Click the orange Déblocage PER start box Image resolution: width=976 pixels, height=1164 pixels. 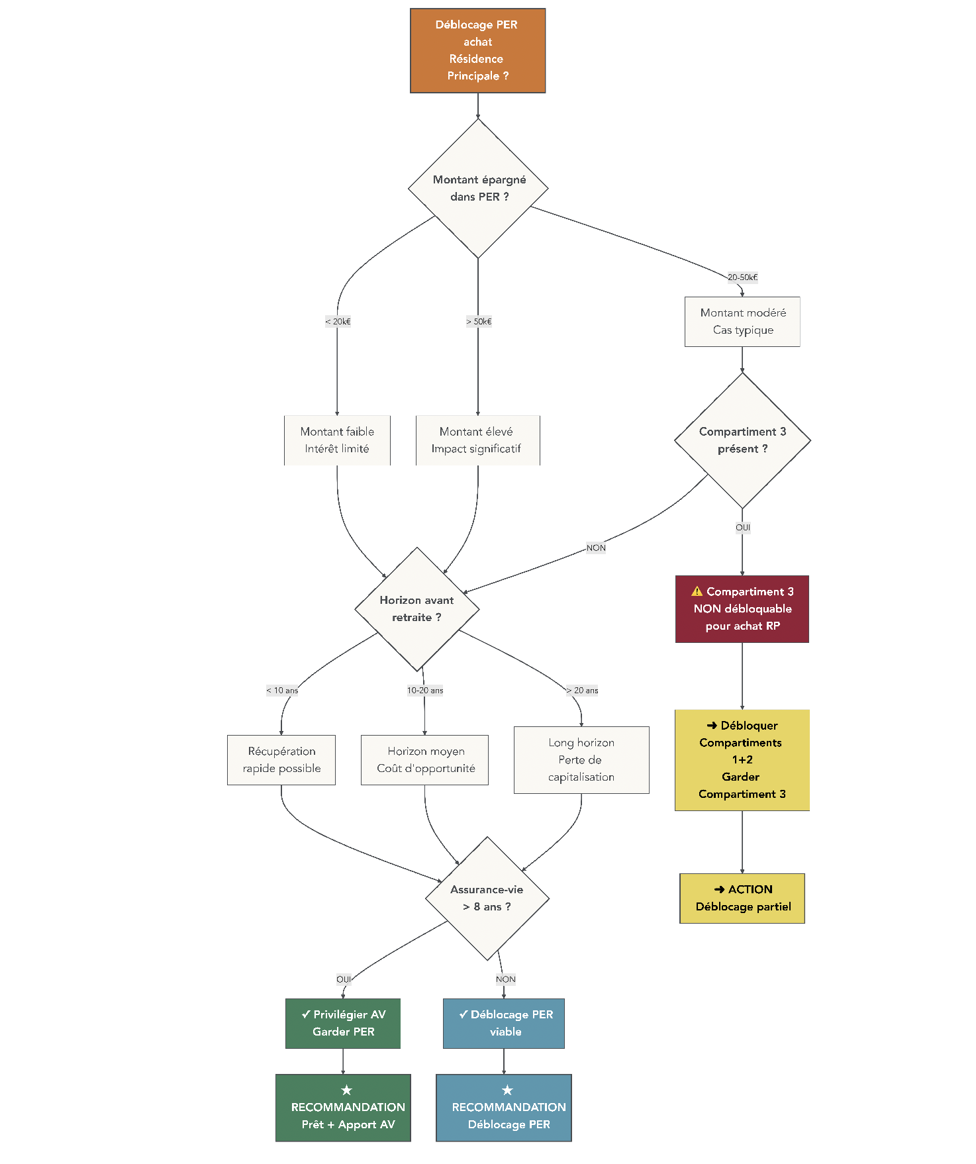[x=477, y=50]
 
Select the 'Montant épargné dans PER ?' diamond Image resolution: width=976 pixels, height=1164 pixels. [x=478, y=188]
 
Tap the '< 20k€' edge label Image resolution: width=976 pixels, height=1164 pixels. [x=338, y=322]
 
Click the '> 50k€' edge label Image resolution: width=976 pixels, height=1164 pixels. [x=479, y=322]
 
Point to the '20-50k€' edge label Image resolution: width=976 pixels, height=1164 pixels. [x=742, y=277]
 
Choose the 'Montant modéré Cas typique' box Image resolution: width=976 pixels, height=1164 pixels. [x=742, y=322]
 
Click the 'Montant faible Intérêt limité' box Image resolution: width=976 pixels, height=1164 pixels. [x=337, y=440]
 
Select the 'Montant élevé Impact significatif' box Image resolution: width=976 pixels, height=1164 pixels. [x=477, y=440]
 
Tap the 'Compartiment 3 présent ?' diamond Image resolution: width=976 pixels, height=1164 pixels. [x=742, y=440]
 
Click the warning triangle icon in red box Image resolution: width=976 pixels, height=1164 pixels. [x=697, y=591]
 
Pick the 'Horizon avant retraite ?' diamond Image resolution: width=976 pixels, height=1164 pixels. [x=416, y=609]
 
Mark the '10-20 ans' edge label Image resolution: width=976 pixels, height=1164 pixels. [x=425, y=691]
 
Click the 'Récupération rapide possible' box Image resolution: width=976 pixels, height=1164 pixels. [x=281, y=760]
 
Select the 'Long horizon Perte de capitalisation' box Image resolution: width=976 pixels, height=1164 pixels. [x=581, y=760]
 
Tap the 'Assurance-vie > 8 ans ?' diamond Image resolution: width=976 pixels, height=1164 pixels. [x=487, y=898]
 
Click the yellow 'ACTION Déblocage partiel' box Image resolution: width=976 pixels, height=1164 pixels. [x=742, y=898]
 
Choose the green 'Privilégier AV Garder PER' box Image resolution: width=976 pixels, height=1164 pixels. [x=343, y=1024]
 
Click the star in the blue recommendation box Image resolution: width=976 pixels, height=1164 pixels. [x=507, y=1090]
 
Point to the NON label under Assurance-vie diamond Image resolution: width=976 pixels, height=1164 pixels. [x=505, y=979]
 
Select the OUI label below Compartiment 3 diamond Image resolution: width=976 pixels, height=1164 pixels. [x=743, y=528]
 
